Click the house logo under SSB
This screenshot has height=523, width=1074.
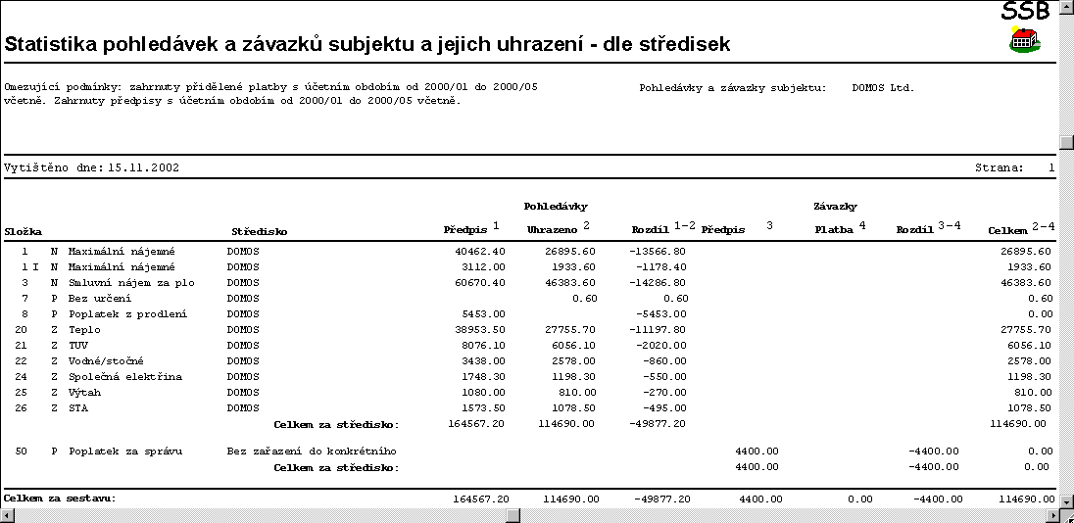pos(1024,40)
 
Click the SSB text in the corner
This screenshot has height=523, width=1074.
pos(1025,11)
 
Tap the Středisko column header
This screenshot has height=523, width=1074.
pos(260,231)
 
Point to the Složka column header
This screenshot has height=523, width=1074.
pos(23,231)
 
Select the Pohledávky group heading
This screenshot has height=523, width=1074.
pos(556,207)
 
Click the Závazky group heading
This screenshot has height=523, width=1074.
pos(836,207)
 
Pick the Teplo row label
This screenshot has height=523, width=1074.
pos(84,330)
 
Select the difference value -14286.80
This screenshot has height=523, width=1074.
pos(659,282)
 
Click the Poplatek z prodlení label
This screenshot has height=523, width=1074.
pos(127,314)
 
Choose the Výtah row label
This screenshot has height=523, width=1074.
pos(84,393)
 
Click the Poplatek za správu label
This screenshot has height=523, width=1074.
pos(127,452)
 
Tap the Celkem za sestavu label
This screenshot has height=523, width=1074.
pos(60,499)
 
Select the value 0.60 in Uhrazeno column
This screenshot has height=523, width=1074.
pos(585,298)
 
